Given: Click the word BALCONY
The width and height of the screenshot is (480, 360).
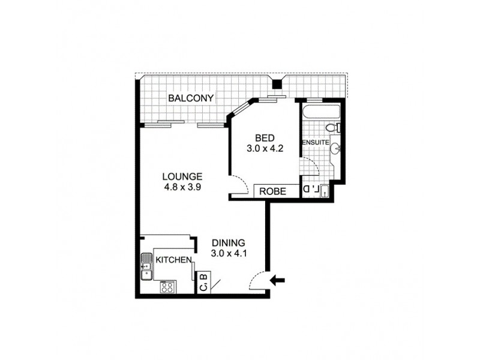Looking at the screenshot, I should coord(191,98).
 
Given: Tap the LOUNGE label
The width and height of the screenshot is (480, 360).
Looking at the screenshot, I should coord(182,176).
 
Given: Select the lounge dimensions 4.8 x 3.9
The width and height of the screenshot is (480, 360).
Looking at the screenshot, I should coord(182,187).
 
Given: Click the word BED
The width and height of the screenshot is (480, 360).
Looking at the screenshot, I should coord(264,136).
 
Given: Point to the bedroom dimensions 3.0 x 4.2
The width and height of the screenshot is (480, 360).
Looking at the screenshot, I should coord(264,146).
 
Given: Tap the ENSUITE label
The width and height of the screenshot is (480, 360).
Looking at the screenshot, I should coord(315,143).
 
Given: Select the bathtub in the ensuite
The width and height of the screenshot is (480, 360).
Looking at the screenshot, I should coord(322,112).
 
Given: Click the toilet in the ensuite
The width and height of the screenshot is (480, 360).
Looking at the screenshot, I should coord(332,128).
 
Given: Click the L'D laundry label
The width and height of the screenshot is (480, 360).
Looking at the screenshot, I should coord(310,190).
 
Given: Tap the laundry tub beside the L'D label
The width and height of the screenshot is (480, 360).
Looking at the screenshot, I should coord(323,190).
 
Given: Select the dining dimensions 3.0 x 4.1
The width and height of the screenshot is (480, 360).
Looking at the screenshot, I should coord(229,253).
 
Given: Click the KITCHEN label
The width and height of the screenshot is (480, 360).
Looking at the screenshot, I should coord(173,260).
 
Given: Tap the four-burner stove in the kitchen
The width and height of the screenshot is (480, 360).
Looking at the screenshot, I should coord(167,286).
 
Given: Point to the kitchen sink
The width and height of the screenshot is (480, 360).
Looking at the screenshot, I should coord(146,267).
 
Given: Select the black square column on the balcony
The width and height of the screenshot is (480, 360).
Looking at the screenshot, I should coord(277,85).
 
